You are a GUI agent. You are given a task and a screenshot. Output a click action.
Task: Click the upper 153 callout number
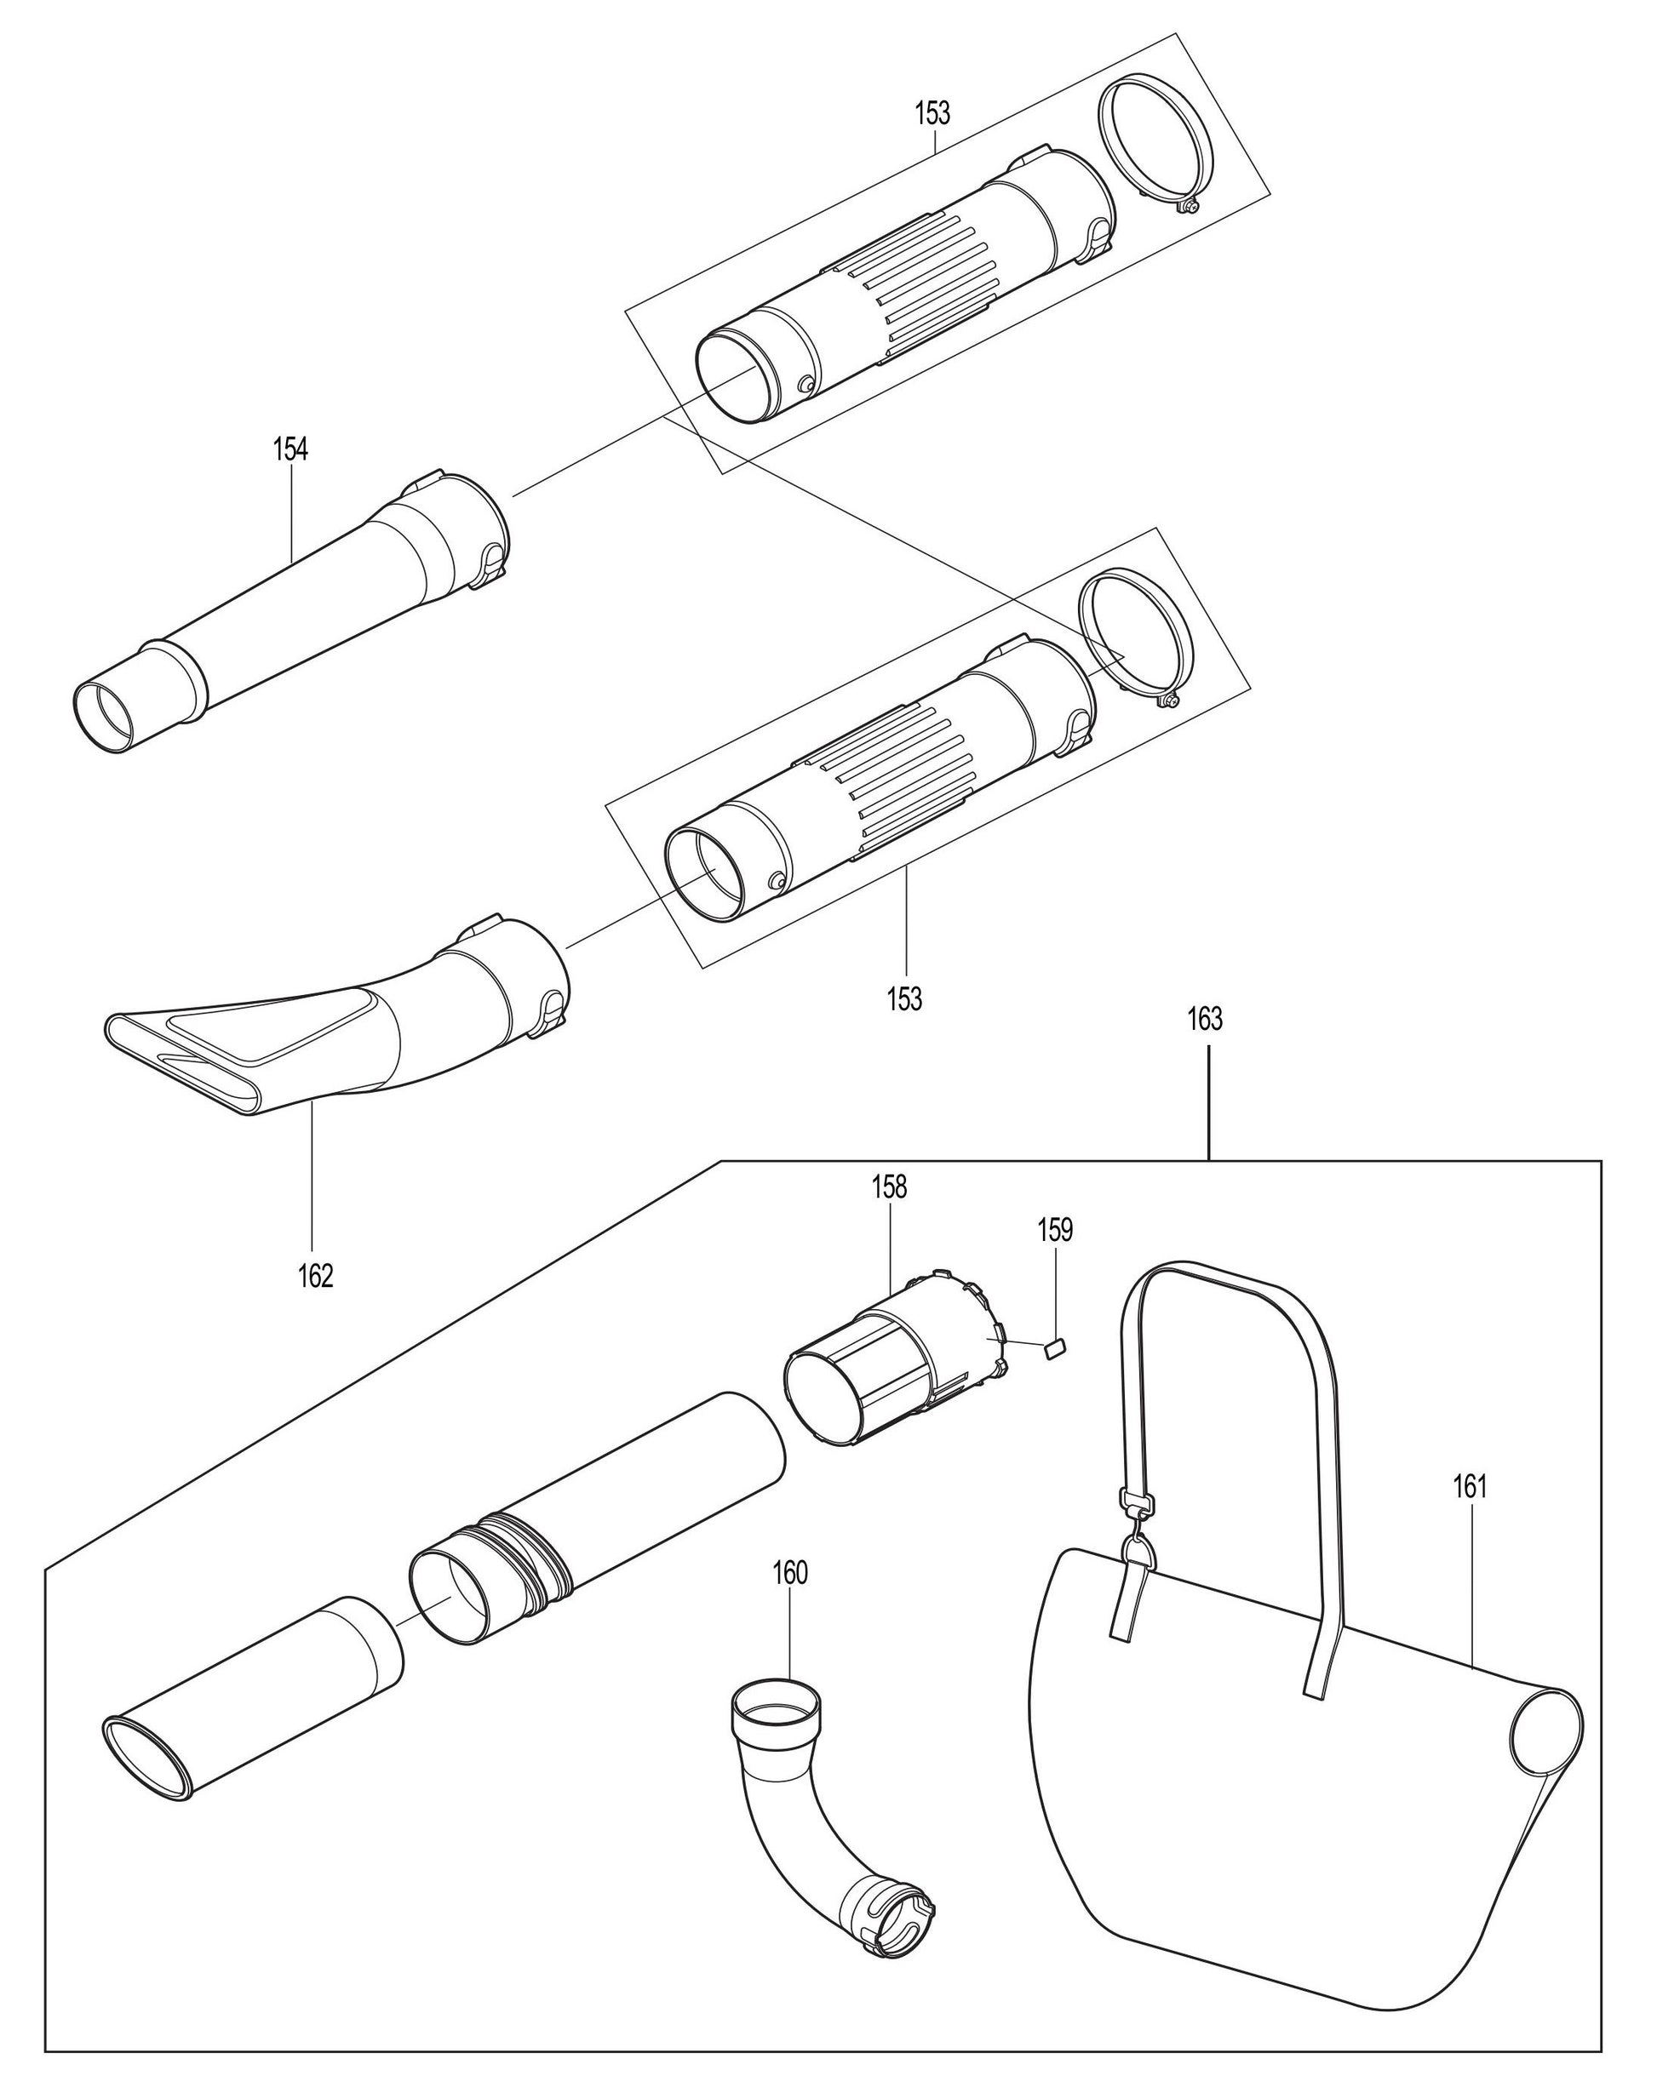(x=932, y=113)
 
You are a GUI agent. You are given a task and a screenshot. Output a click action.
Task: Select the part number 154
(x=290, y=449)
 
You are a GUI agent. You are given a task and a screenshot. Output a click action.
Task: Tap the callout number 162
(x=315, y=1277)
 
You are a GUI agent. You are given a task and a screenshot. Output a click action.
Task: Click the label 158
(x=889, y=1187)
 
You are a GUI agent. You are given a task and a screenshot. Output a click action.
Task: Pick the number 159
(x=1054, y=1230)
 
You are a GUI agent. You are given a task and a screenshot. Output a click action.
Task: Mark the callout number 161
(x=1470, y=1487)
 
